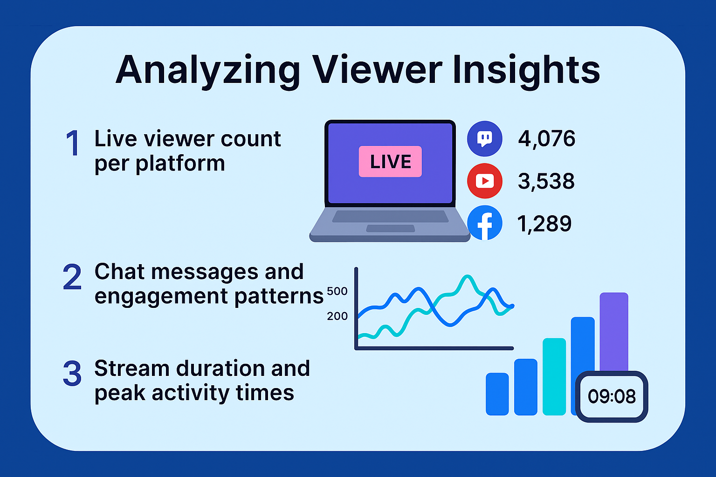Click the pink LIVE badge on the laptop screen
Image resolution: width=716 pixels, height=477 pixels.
pyautogui.click(x=390, y=161)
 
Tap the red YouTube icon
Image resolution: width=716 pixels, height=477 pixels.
pyautogui.click(x=485, y=181)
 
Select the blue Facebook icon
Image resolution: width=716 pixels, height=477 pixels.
pyautogui.click(x=485, y=223)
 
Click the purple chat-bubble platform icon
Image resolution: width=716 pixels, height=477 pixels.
pyautogui.click(x=485, y=139)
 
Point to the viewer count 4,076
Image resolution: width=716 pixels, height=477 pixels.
pyautogui.click(x=547, y=139)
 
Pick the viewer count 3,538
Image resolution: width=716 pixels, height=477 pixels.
pyautogui.click(x=546, y=182)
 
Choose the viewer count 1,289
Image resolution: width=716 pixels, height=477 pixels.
pyautogui.click(x=544, y=224)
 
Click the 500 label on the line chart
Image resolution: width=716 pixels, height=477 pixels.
pyautogui.click(x=337, y=291)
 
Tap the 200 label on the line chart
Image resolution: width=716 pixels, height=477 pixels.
pyautogui.click(x=337, y=316)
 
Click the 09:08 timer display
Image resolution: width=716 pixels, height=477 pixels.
pyautogui.click(x=612, y=396)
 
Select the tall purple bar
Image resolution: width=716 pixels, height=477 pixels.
pyautogui.click(x=614, y=332)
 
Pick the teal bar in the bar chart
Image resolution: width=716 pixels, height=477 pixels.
pyautogui.click(x=554, y=377)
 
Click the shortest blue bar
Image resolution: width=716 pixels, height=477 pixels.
pyautogui.click(x=497, y=394)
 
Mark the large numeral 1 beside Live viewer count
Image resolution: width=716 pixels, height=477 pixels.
pyautogui.click(x=73, y=143)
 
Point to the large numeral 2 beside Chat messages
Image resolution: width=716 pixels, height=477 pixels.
pyautogui.click(x=72, y=277)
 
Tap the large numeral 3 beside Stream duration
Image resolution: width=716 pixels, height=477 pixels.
pyautogui.click(x=72, y=373)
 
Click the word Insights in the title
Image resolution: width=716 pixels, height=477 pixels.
pyautogui.click(x=526, y=71)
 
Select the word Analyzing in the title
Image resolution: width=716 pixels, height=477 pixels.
pyautogui.click(x=207, y=71)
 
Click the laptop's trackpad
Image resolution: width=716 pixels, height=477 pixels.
pyautogui.click(x=390, y=228)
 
